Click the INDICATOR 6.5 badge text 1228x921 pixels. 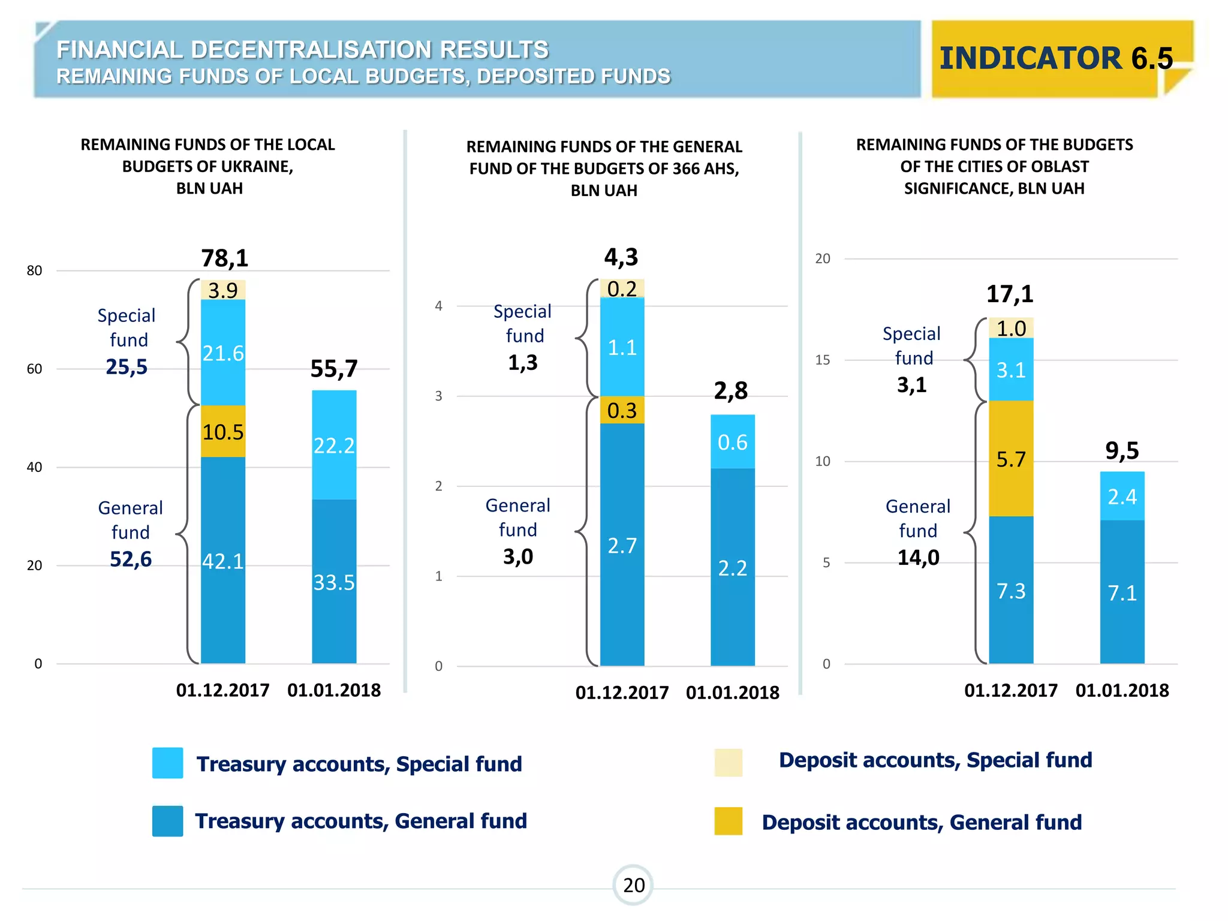coord(1055,58)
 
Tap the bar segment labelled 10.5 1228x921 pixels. coord(222,432)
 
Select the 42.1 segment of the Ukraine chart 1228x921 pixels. coord(222,561)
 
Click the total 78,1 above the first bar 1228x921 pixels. coord(225,258)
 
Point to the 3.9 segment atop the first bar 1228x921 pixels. coord(223,290)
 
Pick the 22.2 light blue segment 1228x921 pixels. coord(334,446)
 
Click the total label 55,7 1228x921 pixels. coord(334,369)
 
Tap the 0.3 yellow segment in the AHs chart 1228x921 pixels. coord(622,411)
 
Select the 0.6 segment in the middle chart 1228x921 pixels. coord(732,442)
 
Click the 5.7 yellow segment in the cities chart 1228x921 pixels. coord(1011,459)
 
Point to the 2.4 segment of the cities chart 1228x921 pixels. coord(1122,496)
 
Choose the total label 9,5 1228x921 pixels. coord(1122,450)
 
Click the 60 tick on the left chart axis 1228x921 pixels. coord(35,369)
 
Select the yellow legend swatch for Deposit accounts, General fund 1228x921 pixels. coord(728,821)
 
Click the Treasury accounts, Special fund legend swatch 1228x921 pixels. coord(167,763)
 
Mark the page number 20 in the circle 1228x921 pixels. coord(633,885)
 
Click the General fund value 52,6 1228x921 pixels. coord(131,559)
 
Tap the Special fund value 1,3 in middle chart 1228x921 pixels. coord(522,363)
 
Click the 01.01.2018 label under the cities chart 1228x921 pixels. coord(1122,691)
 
